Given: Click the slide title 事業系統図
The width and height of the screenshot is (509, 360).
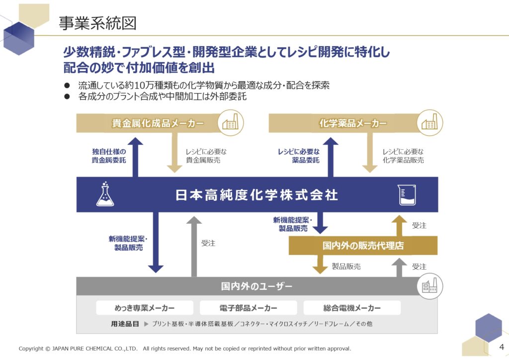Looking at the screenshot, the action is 97,23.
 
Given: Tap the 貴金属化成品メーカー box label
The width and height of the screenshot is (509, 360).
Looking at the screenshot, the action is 158,123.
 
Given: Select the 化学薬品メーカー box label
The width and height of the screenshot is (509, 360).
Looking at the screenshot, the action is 353,123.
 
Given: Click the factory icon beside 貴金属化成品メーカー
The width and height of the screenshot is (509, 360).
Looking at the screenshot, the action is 231,123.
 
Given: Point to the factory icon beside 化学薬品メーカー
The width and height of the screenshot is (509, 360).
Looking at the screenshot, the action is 430,123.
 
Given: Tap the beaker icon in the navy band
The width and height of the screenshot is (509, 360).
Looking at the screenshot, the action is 407,195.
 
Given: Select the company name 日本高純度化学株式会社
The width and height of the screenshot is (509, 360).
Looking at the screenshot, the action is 257,195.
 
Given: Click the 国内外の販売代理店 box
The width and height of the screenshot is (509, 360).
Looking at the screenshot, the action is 363,246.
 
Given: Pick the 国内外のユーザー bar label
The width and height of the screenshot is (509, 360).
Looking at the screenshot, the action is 257,286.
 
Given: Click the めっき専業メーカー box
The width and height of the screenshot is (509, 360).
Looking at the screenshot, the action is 145,308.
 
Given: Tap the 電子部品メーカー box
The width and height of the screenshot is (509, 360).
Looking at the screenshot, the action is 249,308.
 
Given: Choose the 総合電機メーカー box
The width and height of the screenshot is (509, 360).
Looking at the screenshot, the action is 352,308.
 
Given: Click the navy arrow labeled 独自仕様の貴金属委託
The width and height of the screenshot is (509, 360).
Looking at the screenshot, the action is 135,157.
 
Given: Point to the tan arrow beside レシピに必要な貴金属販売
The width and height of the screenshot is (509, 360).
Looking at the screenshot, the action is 174,153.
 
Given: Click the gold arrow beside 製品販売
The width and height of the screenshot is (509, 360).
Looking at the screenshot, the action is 320,264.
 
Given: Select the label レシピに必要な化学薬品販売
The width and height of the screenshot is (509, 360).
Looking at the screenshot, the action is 403,156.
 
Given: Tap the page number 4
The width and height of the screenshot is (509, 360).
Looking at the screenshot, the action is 502,347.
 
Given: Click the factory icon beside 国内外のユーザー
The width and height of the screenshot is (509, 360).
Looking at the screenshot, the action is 430,286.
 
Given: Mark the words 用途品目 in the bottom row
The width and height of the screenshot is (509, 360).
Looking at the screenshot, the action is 125,324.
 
